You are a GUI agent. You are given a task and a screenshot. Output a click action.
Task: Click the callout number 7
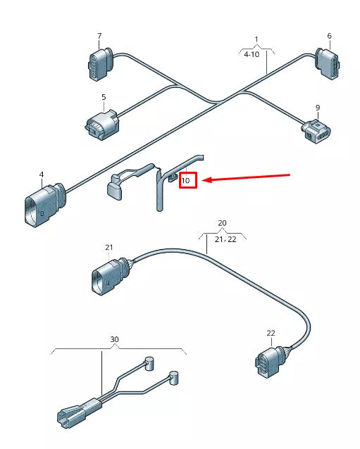pos(99,36)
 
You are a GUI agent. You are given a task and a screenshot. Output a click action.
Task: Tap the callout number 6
pos(329,36)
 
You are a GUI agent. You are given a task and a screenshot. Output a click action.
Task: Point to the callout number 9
pos(318,108)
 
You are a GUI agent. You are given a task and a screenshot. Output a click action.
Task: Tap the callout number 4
pos(41,174)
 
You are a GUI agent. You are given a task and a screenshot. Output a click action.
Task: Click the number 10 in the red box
pos(186,181)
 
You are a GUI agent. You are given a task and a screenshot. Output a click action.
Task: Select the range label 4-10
pos(252,53)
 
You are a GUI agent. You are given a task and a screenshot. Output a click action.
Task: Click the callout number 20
pos(222,222)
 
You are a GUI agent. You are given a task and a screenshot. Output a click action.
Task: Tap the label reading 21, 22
pos(225,239)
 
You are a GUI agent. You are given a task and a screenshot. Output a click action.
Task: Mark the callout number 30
pos(115,339)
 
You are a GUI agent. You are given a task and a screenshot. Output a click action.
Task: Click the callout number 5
pos(104,97)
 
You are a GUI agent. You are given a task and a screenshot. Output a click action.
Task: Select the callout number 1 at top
pos(256,39)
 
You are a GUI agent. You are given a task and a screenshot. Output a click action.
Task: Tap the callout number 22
pos(271,333)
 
